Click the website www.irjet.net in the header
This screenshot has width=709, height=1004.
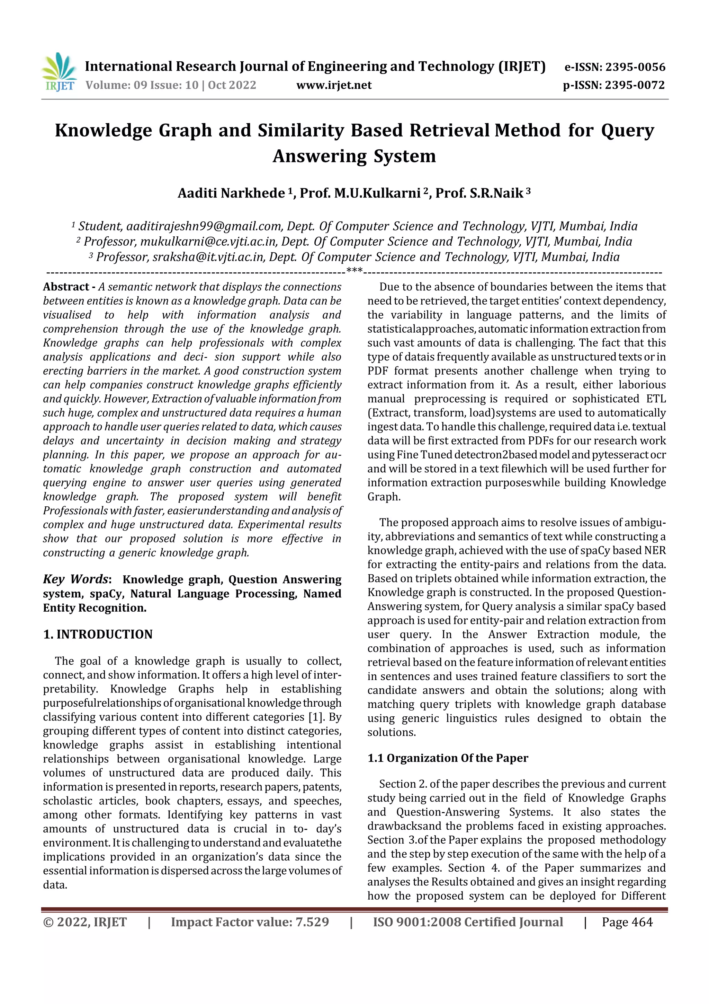334,85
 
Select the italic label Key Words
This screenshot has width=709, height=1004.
75,579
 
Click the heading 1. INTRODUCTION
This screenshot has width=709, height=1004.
98,635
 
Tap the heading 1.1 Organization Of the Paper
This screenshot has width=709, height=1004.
448,758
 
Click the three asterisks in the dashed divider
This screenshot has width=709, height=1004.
354,271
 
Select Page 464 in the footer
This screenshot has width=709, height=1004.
627,922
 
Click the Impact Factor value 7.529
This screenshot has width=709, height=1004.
312,922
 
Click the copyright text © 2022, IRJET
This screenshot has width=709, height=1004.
85,922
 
